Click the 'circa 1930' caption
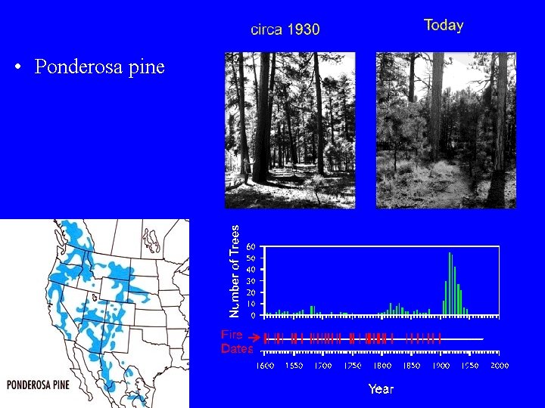(285, 29)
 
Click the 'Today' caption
(444, 25)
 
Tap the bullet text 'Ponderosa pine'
(99, 67)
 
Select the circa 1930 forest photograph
(290, 130)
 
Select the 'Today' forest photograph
(446, 130)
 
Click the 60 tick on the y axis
(251, 246)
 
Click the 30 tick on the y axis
(251, 281)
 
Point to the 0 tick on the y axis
(254, 315)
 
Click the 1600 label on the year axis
(265, 366)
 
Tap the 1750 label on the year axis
(353, 366)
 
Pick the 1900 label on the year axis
(441, 366)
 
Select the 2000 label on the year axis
(499, 366)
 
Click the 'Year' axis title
(381, 389)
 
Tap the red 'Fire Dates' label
(235, 342)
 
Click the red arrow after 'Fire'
(255, 335)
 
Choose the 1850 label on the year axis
(411, 366)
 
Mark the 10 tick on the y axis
(251, 304)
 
